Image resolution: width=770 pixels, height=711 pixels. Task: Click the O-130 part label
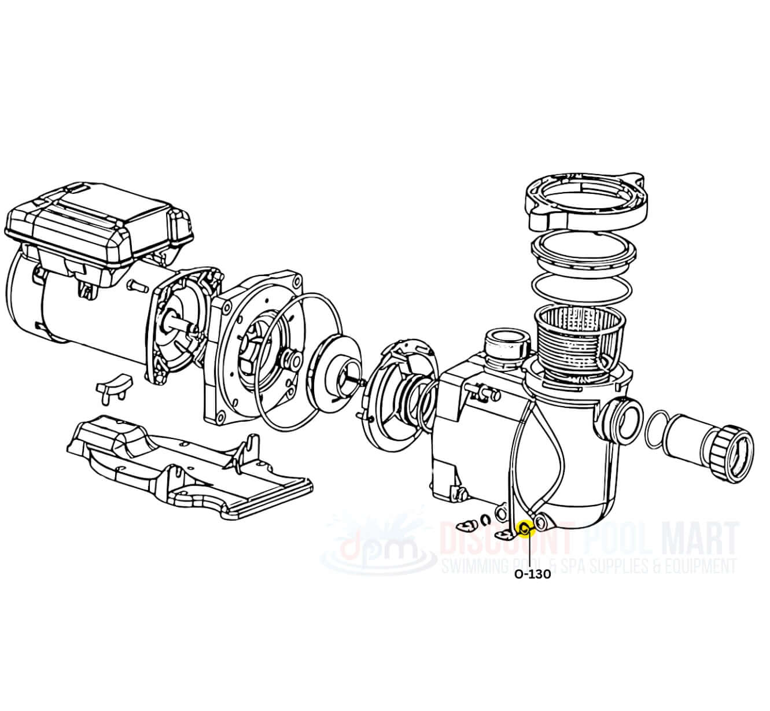pos(532,574)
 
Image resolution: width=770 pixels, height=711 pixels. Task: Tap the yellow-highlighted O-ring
pos(526,528)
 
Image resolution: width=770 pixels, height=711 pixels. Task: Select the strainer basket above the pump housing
pos(580,345)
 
